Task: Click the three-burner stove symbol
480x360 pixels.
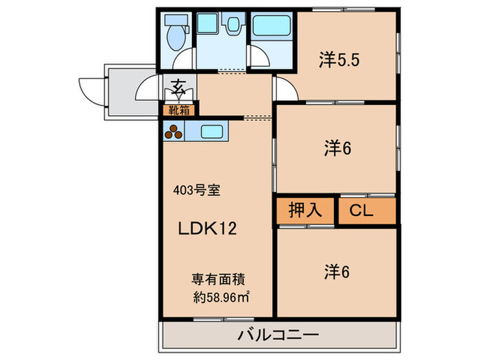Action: tap(176, 131)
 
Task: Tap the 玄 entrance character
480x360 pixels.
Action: tap(178, 87)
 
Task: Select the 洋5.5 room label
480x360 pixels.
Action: tap(339, 60)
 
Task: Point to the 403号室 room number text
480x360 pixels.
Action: tap(196, 191)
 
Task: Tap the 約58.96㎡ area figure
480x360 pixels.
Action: tap(220, 298)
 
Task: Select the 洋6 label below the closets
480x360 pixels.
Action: tap(337, 272)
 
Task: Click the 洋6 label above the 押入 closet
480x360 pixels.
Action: tap(337, 148)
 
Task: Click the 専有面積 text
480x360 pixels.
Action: tap(219, 280)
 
